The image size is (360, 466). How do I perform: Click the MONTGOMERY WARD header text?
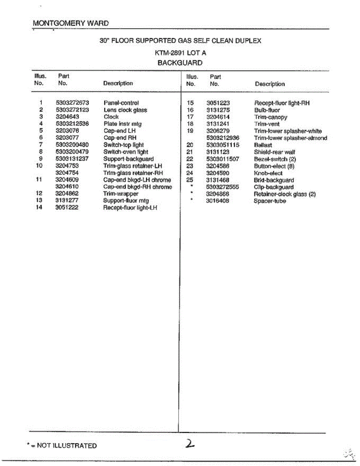(71, 23)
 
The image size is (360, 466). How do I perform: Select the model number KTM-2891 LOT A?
(180, 54)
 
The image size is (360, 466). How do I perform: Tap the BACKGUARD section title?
(180, 63)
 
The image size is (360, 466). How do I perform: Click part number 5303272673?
(73, 103)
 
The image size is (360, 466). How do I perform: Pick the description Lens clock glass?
(125, 110)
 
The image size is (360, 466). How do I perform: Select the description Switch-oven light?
(125, 152)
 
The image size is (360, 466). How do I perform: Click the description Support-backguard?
(128, 159)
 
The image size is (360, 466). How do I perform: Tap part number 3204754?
(67, 173)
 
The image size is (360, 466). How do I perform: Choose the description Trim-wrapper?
(120, 194)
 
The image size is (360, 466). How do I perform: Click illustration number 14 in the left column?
(39, 208)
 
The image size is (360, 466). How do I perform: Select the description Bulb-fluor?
(267, 110)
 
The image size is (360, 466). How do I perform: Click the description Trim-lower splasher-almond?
(290, 138)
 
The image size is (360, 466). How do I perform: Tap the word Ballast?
(263, 145)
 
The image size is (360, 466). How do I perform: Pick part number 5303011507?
(223, 159)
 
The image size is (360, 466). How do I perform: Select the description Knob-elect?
(268, 173)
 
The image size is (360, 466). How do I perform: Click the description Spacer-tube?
(270, 201)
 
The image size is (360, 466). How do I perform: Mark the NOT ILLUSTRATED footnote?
(62, 446)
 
